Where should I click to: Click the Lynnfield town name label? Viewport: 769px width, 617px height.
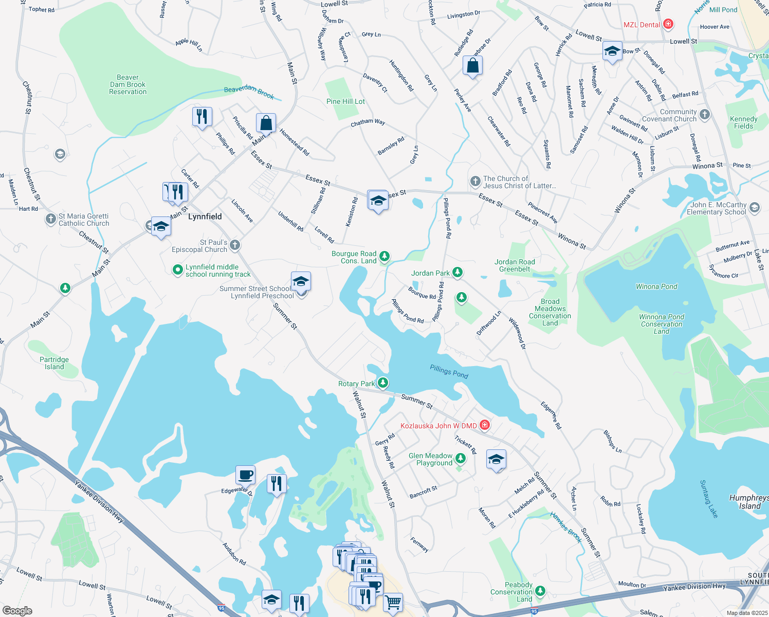tap(205, 216)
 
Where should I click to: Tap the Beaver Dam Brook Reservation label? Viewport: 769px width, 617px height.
tap(127, 85)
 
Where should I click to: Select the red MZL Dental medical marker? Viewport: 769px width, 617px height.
tap(668, 24)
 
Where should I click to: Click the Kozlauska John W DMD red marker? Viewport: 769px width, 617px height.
tap(484, 425)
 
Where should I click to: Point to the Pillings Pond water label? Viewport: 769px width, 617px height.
tap(449, 372)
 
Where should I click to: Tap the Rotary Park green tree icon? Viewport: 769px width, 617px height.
tap(382, 383)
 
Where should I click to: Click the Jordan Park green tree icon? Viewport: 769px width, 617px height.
tap(457, 273)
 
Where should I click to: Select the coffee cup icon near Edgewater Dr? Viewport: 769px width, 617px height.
tap(246, 474)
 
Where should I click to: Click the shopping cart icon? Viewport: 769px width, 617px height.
tap(393, 601)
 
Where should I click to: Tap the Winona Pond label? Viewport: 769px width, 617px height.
tap(656, 286)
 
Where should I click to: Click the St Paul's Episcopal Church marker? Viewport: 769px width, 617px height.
tap(235, 245)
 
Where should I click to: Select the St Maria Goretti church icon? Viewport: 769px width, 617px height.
tap(50, 219)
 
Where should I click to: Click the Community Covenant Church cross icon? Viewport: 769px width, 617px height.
tap(705, 115)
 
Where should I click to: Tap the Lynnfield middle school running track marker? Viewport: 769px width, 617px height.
tap(177, 269)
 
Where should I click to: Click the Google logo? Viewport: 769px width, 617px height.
tap(17, 610)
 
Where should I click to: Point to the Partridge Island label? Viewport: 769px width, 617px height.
tap(54, 363)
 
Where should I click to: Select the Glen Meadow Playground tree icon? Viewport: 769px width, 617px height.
tap(460, 458)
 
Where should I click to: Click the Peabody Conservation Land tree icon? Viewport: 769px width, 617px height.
tap(540, 591)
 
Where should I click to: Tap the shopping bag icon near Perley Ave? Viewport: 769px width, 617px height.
tap(472, 66)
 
